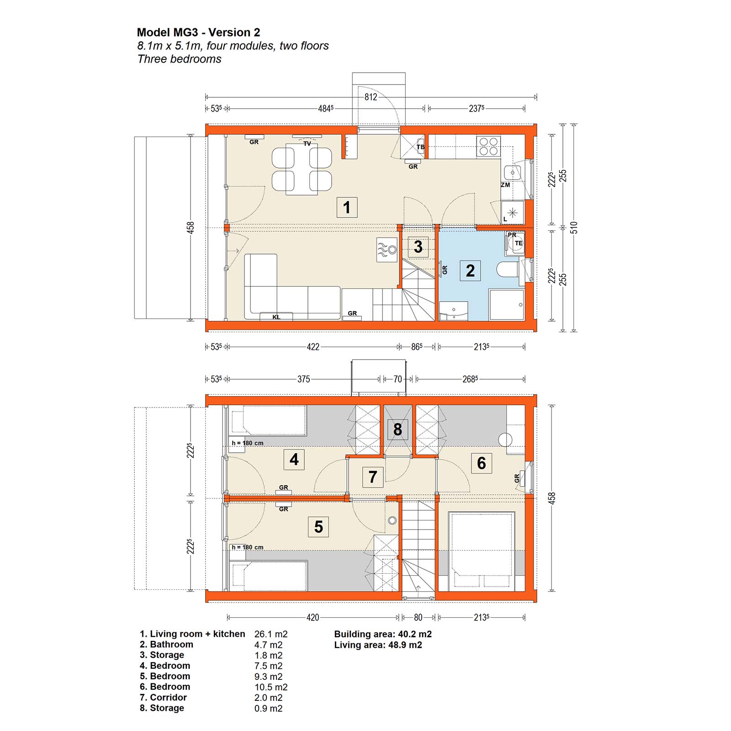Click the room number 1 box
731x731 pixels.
347,207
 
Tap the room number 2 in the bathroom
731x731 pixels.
470,270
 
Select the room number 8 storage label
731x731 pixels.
397,429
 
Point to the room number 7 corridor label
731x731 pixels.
372,477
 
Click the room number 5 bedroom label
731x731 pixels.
318,526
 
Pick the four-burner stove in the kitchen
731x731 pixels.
488,146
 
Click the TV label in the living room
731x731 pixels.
307,143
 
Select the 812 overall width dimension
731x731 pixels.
371,97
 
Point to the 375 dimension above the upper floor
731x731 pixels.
304,379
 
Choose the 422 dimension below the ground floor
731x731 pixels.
313,347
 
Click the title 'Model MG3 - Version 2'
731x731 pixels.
198,32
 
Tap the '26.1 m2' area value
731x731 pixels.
271,634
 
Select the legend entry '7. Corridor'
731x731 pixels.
163,697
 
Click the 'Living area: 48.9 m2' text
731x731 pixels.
378,645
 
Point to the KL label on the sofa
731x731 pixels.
276,317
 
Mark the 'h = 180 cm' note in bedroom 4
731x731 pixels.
247,443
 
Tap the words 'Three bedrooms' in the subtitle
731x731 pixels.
179,59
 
